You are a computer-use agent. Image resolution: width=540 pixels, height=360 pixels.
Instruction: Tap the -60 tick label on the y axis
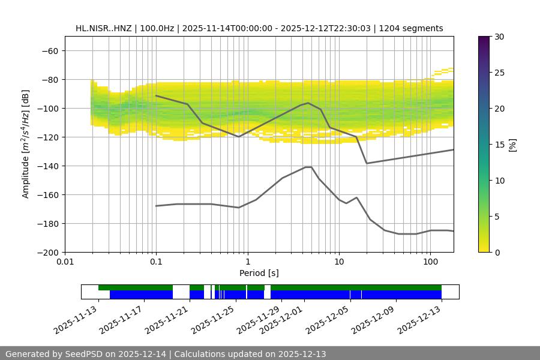(x=49, y=50)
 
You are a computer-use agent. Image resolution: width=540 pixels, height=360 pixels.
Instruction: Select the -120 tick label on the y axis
(x=47, y=137)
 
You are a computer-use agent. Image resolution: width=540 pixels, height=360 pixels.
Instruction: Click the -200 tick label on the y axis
(x=47, y=252)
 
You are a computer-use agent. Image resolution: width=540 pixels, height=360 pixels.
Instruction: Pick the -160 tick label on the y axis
(x=47, y=194)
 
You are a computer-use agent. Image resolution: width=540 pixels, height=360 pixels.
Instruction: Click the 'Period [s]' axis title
(x=259, y=273)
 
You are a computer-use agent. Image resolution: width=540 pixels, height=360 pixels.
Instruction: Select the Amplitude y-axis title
(x=25, y=144)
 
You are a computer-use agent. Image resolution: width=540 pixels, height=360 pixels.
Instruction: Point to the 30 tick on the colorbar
(x=499, y=37)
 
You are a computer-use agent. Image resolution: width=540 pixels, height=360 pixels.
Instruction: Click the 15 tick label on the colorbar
(x=499, y=145)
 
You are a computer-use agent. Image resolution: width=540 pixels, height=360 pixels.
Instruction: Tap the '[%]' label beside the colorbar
(x=512, y=145)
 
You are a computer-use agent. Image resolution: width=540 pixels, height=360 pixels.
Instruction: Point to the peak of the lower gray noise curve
(x=308, y=167)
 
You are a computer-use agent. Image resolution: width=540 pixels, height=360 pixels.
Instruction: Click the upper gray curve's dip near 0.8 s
(x=239, y=137)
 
